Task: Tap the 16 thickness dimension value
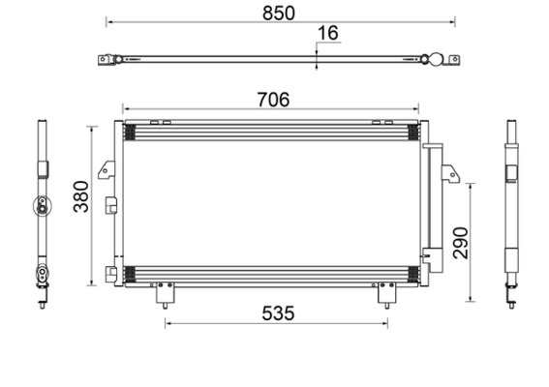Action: [x=327, y=34]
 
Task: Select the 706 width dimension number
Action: [x=271, y=99]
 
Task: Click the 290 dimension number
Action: [x=459, y=242]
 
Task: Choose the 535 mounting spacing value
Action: [x=277, y=313]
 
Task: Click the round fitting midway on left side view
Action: [x=42, y=203]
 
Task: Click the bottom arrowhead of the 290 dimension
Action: [x=472, y=298]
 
